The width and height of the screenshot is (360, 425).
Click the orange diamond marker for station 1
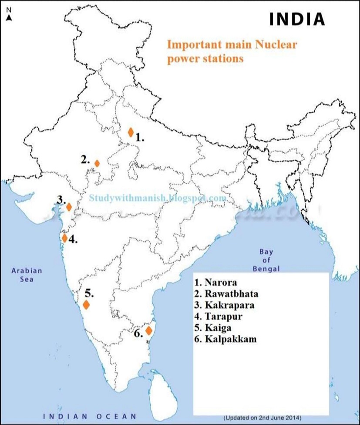(x=130, y=132)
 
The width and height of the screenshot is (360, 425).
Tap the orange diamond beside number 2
(x=97, y=163)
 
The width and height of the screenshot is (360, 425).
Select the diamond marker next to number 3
(x=68, y=206)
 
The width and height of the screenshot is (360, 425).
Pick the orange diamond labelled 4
(x=65, y=238)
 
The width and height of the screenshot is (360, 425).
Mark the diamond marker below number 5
(x=86, y=304)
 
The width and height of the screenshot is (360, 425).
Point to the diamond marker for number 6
(x=148, y=331)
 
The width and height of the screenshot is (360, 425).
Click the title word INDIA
(x=297, y=19)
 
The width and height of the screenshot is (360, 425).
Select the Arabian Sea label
(x=27, y=275)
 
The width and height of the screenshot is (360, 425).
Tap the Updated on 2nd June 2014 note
(x=262, y=417)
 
